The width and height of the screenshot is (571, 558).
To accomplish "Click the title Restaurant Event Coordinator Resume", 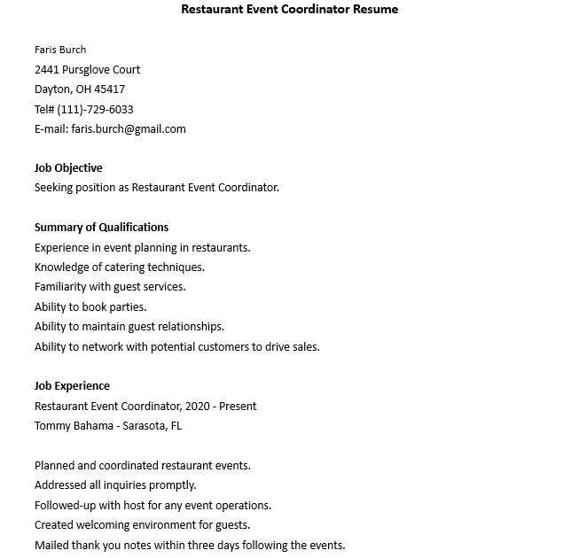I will coord(289,10).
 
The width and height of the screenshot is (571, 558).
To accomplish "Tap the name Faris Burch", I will coord(60,50).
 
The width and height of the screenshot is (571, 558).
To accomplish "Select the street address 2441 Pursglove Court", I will coord(87,69).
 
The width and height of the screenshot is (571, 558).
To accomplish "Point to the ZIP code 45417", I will coord(109,89).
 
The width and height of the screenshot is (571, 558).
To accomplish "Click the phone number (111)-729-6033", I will coord(96,109).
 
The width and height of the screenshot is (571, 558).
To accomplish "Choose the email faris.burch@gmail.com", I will coord(129,129).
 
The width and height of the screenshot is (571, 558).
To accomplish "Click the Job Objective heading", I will coord(68,168).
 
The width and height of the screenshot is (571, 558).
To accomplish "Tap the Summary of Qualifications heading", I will coord(101,228).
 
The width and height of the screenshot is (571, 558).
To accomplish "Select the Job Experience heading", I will coord(72,386).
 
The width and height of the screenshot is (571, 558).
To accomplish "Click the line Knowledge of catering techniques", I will coord(119,267).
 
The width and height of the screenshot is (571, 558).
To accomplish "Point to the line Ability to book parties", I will coord(90,307).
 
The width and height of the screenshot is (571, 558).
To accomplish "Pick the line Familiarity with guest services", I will coord(110,287).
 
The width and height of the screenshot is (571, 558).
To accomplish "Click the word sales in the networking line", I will coord(304,347).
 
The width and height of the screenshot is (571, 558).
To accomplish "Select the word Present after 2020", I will coord(238,407).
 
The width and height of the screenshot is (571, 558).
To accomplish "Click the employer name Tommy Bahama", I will coord(71,426).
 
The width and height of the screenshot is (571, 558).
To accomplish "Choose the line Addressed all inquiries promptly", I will coord(115,485).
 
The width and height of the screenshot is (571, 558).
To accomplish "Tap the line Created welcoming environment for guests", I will coord(141,525).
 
